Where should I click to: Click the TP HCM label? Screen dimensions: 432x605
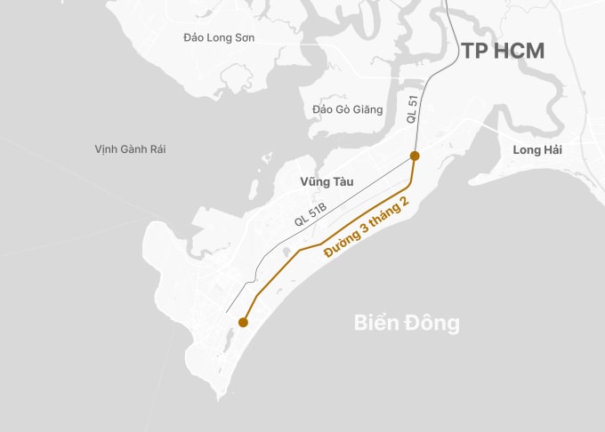[x=503, y=50]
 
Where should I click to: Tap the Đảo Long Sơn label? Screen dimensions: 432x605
[x=218, y=37]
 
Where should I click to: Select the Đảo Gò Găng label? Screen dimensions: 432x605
[x=348, y=109]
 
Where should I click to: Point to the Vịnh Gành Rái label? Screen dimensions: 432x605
[x=130, y=149]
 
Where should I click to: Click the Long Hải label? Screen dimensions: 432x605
[x=537, y=149]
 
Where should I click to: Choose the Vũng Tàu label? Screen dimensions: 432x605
[x=327, y=181]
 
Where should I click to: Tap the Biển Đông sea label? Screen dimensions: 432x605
[x=407, y=322]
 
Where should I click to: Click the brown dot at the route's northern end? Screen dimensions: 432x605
[x=415, y=156]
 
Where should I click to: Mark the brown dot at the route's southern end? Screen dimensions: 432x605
[x=243, y=323]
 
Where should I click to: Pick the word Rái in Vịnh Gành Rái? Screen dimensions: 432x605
[x=155, y=149]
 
